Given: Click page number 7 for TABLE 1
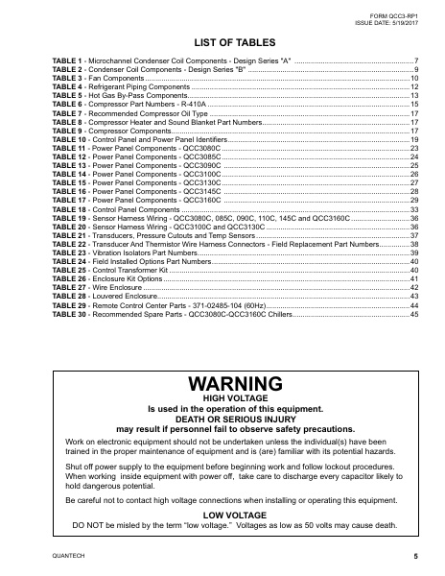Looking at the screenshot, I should tap(416, 61).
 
